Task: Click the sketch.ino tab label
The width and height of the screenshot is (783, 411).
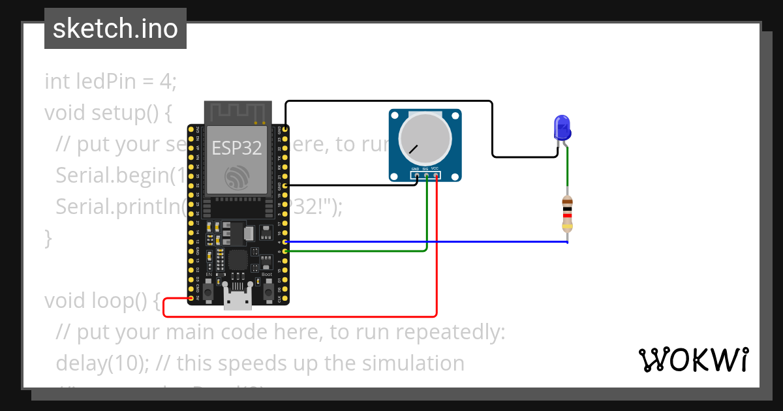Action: click(115, 29)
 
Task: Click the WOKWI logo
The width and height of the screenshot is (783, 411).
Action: click(693, 359)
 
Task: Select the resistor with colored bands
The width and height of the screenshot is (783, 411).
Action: click(567, 214)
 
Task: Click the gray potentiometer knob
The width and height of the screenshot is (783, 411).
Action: click(425, 138)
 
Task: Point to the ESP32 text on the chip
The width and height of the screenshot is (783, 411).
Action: click(236, 148)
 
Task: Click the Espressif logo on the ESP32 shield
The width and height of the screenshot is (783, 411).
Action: click(236, 177)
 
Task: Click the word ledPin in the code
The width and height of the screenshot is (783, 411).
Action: click(104, 82)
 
